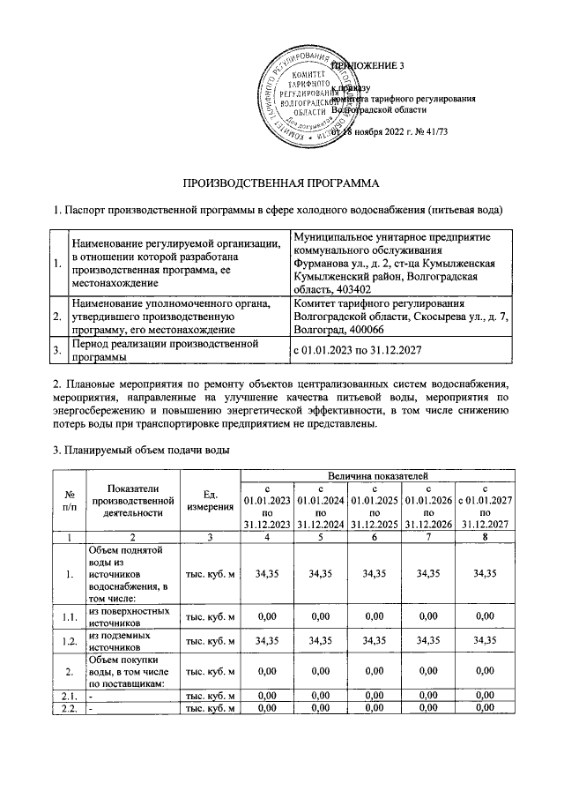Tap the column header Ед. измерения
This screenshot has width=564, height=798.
[210, 503]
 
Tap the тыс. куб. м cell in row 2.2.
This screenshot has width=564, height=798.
[210, 709]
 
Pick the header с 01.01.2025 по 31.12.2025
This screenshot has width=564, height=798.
[375, 506]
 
